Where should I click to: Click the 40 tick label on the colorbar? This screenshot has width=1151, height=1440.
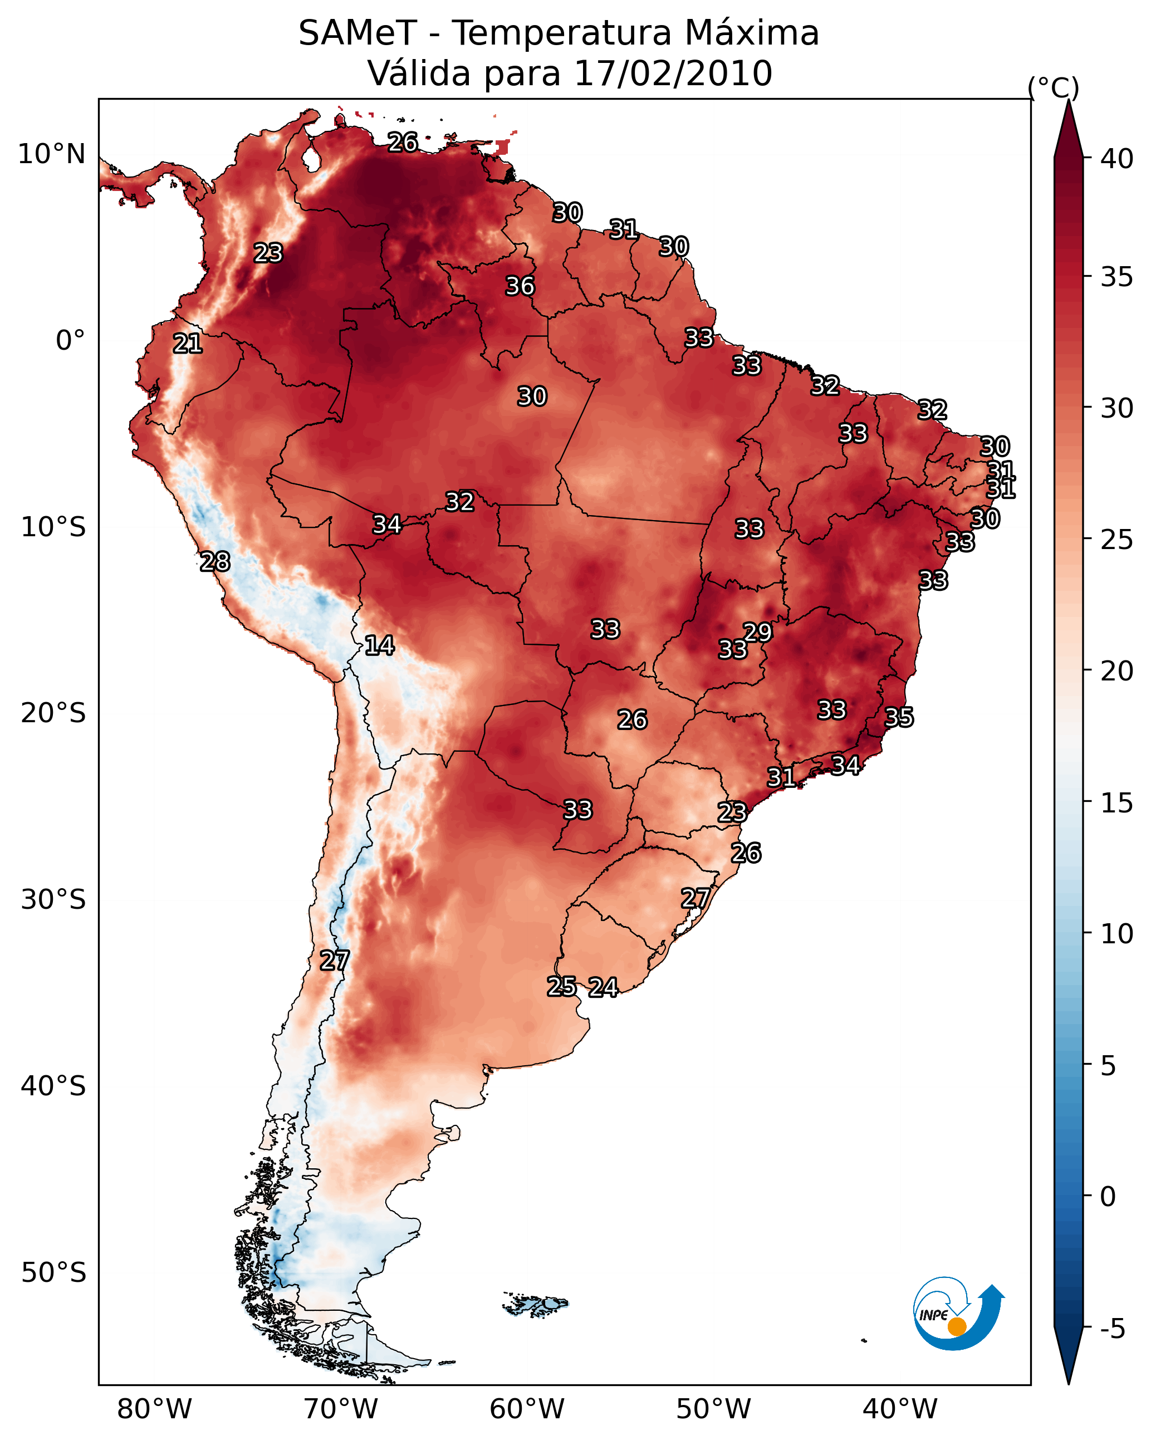1117,159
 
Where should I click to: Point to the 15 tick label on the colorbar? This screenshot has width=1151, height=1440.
1117,803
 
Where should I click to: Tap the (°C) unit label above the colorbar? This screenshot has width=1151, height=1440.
1053,88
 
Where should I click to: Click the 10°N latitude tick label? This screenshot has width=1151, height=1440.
51,154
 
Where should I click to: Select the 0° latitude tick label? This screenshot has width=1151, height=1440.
70,341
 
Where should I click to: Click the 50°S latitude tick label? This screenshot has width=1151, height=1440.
53,1273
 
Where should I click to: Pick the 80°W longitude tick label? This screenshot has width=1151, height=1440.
154,1409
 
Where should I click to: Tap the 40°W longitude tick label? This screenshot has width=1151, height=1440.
900,1409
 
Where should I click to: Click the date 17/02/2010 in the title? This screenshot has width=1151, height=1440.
673,74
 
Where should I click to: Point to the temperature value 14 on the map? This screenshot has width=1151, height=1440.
379,645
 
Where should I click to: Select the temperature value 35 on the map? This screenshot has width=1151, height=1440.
899,717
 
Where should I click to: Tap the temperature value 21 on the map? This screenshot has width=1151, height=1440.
188,344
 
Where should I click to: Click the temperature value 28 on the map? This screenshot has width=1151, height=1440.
215,562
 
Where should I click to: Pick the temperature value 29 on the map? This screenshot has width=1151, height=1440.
757,632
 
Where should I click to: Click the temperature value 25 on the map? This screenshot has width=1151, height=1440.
562,987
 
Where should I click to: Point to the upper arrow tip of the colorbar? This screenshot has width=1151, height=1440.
1068,100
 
